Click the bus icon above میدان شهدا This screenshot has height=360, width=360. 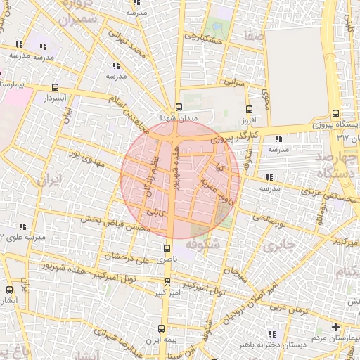[179, 108]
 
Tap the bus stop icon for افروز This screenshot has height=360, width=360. [250, 109]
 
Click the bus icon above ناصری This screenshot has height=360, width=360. [167, 247]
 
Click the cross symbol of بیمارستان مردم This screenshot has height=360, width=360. [336, 328]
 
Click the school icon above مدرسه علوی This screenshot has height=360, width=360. [22, 226]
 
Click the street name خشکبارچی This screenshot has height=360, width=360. [202, 37]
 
